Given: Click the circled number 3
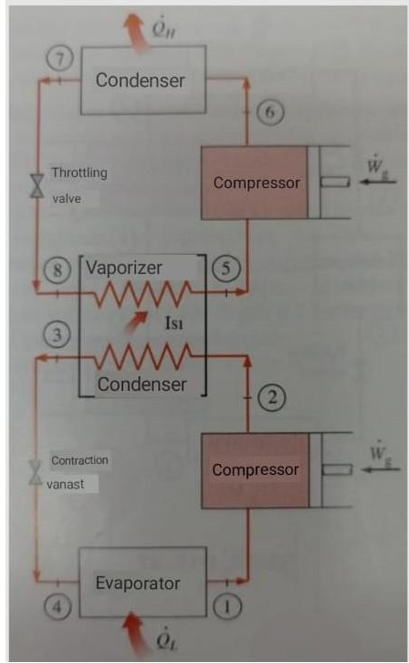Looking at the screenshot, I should click(57, 336).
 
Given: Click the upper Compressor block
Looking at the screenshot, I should click(256, 183).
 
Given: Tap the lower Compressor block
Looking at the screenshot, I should click(256, 469).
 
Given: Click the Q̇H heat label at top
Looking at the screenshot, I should click(163, 12).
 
